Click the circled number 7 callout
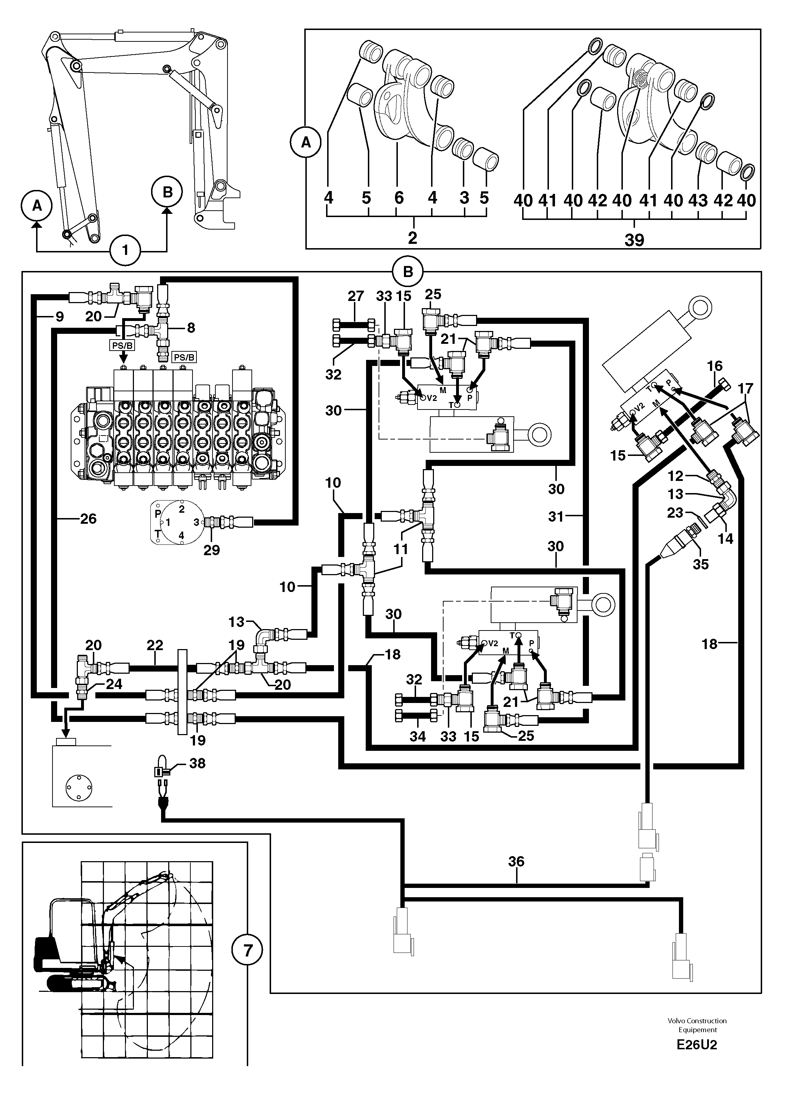tap(247, 951)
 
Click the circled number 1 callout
tap(125, 250)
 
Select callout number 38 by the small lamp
tap(197, 763)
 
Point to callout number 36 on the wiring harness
tap(516, 862)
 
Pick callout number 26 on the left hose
tap(88, 519)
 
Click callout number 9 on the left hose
tap(59, 317)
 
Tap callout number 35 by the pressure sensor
tap(701, 564)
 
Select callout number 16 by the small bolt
tap(715, 366)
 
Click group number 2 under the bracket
tap(412, 238)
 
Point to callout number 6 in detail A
tap(399, 198)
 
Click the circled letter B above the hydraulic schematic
tap(407, 272)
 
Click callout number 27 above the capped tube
tap(356, 296)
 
